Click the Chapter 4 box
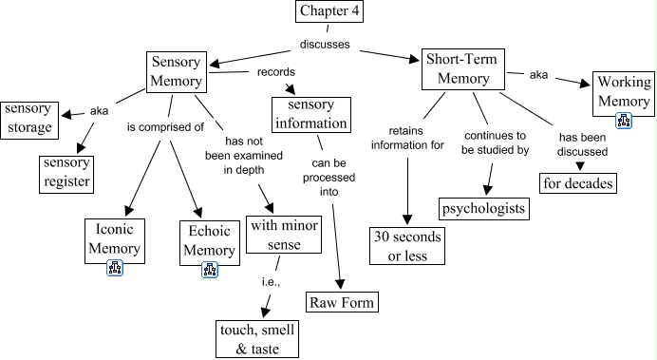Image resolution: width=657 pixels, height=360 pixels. pos(330,12)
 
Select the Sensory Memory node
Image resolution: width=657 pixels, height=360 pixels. pos(176,69)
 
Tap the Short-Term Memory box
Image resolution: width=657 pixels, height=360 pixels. pos(459,69)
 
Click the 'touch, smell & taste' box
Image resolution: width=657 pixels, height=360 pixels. pos(256,339)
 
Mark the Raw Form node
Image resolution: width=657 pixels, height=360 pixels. pos(342,303)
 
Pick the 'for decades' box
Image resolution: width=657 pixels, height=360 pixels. pos(577,181)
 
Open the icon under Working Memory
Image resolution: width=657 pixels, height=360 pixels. pos(624,120)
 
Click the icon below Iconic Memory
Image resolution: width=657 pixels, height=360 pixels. pos(115,268)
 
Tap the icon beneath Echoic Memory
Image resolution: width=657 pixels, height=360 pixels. pos(210,269)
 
